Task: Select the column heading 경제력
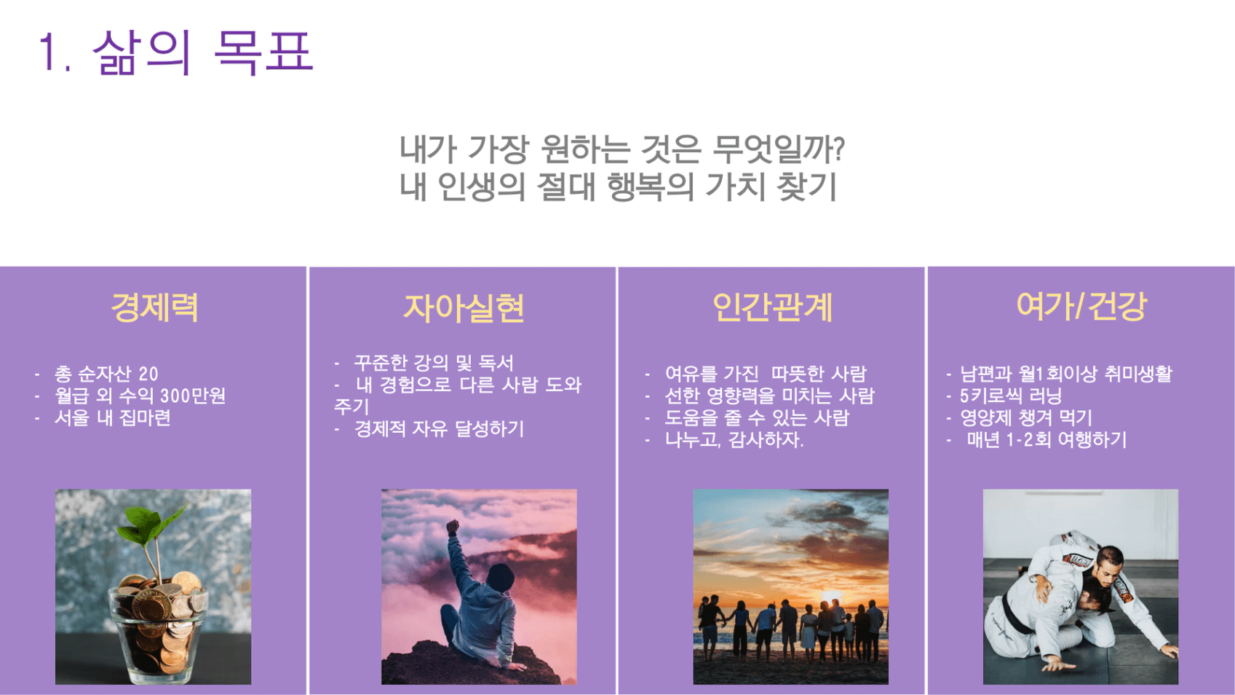click(154, 307)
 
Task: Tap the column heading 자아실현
click(463, 307)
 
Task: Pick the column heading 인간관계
click(772, 307)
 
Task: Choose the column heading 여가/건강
click(1081, 307)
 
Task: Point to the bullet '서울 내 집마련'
click(112, 417)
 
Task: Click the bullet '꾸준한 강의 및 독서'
click(433, 363)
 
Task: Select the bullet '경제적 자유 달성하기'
click(439, 429)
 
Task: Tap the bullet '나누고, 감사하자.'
click(734, 440)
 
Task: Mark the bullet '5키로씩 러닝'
click(1011, 396)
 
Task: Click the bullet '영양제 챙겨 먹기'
click(1026, 418)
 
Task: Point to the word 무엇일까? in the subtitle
click(779, 149)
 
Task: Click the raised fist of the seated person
click(453, 527)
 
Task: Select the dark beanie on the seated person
click(500, 578)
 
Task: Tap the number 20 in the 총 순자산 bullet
click(148, 374)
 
